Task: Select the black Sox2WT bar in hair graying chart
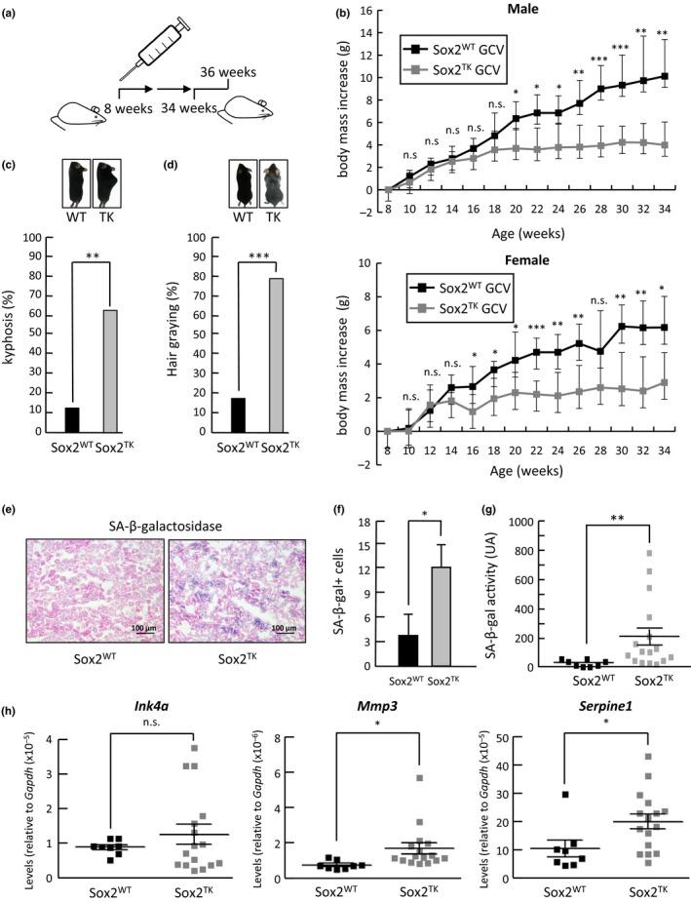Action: click(237, 415)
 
